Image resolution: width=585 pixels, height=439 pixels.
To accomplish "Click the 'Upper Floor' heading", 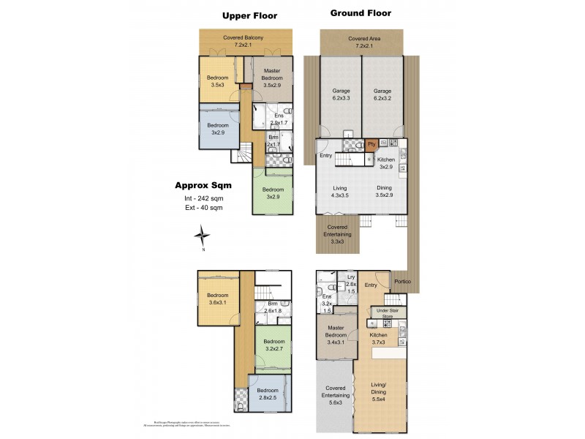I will pos(251,15).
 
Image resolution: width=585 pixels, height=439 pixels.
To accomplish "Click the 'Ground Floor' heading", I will pos(361,13).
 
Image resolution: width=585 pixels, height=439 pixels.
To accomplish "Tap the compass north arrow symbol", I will pos(203,236).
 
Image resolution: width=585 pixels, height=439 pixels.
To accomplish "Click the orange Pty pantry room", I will pos(371,144).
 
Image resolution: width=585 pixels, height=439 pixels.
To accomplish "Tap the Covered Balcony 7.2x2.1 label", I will pos(248,41).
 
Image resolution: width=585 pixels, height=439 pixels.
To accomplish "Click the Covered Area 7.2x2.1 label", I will pos(361,42).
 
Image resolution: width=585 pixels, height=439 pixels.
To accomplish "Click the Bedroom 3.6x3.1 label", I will pos(218,299).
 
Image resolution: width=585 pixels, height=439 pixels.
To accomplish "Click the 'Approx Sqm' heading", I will pos(203,185).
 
